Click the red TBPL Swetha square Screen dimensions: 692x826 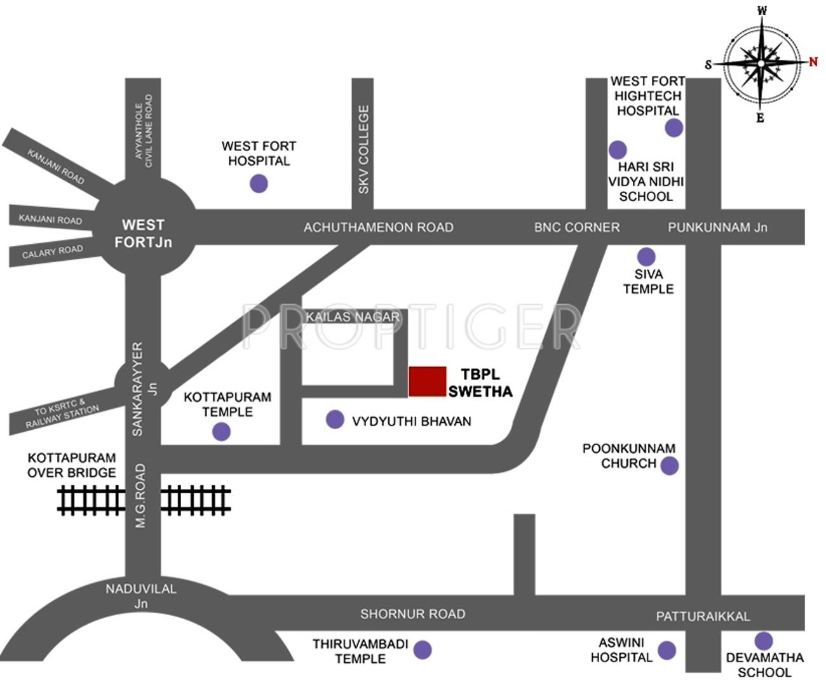click(x=427, y=382)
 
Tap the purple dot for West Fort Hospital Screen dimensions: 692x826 click(x=259, y=184)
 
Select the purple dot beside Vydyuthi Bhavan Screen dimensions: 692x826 click(x=335, y=420)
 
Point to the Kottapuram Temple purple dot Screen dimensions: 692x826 click(x=221, y=432)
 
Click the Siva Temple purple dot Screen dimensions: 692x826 click(x=646, y=257)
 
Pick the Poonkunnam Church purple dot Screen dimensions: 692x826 click(x=669, y=466)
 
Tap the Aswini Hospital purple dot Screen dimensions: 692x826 click(x=667, y=650)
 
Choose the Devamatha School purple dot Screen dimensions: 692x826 click(x=763, y=641)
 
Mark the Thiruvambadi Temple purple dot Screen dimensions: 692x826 click(x=423, y=649)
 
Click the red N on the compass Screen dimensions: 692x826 click(x=813, y=62)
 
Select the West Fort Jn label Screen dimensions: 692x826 click(x=143, y=233)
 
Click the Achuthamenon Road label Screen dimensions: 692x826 click(x=378, y=227)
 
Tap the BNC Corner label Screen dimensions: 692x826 click(x=576, y=227)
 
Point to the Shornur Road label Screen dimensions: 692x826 click(x=412, y=614)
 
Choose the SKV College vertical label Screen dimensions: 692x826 click(x=363, y=149)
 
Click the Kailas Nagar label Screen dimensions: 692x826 click(x=353, y=317)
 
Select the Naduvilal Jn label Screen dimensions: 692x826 click(x=141, y=596)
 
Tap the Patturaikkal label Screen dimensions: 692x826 click(x=703, y=616)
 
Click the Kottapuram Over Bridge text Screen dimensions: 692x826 click(x=71, y=465)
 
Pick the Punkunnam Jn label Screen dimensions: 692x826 click(x=717, y=227)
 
